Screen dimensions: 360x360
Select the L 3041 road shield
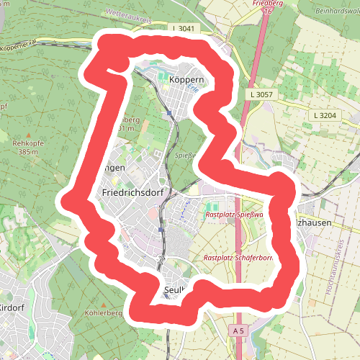point(184,28)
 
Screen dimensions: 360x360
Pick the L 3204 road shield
point(325,115)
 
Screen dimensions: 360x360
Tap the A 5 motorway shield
point(239,330)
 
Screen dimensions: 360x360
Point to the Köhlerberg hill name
point(101,314)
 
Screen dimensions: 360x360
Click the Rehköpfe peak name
point(29,143)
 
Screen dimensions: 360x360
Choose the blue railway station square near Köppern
point(168,113)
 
